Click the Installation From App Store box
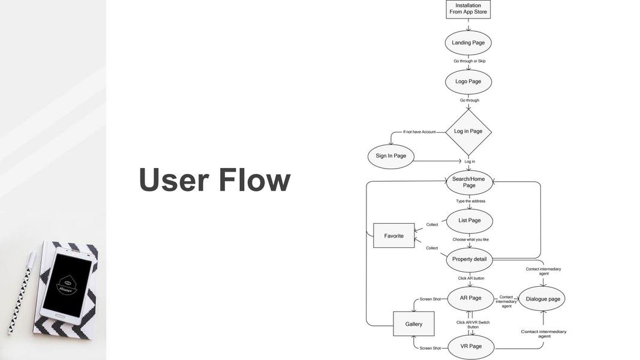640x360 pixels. click(468, 9)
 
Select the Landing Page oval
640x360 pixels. click(468, 43)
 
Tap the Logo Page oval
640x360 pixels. click(468, 82)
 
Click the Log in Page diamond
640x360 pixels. click(468, 131)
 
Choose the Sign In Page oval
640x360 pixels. click(390, 156)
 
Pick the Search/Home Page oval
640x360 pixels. click(469, 182)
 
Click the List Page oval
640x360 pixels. click(469, 221)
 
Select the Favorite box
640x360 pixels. click(393, 236)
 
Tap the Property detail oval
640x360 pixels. click(469, 259)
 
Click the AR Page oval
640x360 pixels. click(470, 298)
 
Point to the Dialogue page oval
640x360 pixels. click(542, 299)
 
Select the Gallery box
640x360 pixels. click(413, 324)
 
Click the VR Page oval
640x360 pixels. click(471, 346)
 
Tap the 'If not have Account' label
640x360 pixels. click(419, 132)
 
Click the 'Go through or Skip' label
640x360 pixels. click(469, 61)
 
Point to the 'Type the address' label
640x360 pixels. click(470, 201)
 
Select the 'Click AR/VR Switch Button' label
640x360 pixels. click(473, 325)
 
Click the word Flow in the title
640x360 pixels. click(254, 180)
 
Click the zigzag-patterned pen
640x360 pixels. click(20, 293)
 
